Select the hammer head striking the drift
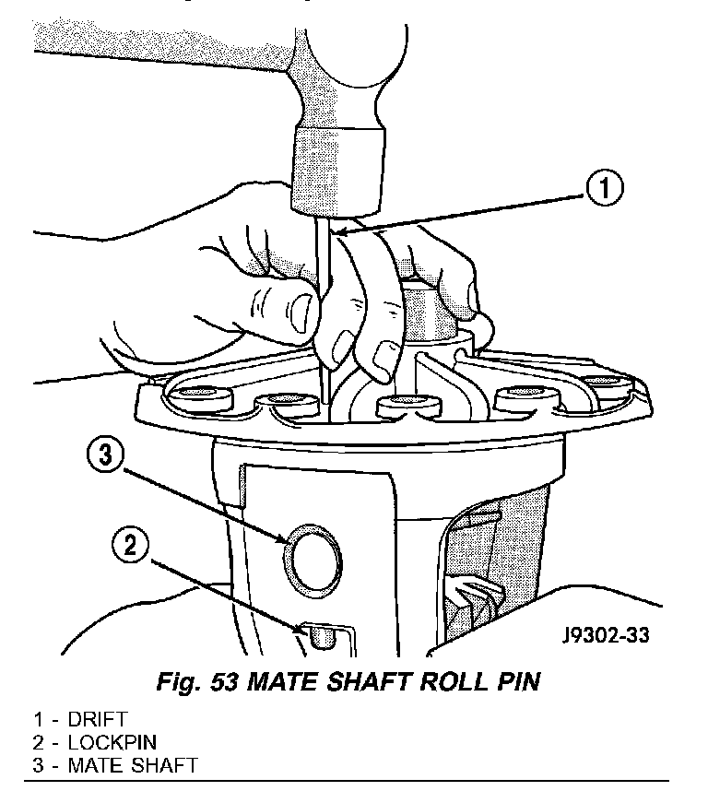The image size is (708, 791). pyautogui.click(x=336, y=166)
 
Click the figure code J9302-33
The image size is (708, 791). pyautogui.click(x=604, y=637)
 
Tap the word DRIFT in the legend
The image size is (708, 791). pyautogui.click(x=96, y=718)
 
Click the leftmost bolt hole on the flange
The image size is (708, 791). pyautogui.click(x=198, y=397)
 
